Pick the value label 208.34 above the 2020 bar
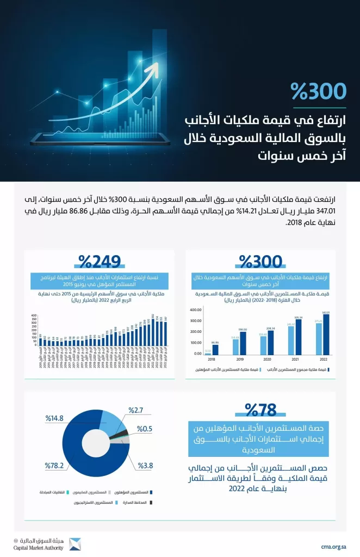pyautogui.click(x=271, y=328)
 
